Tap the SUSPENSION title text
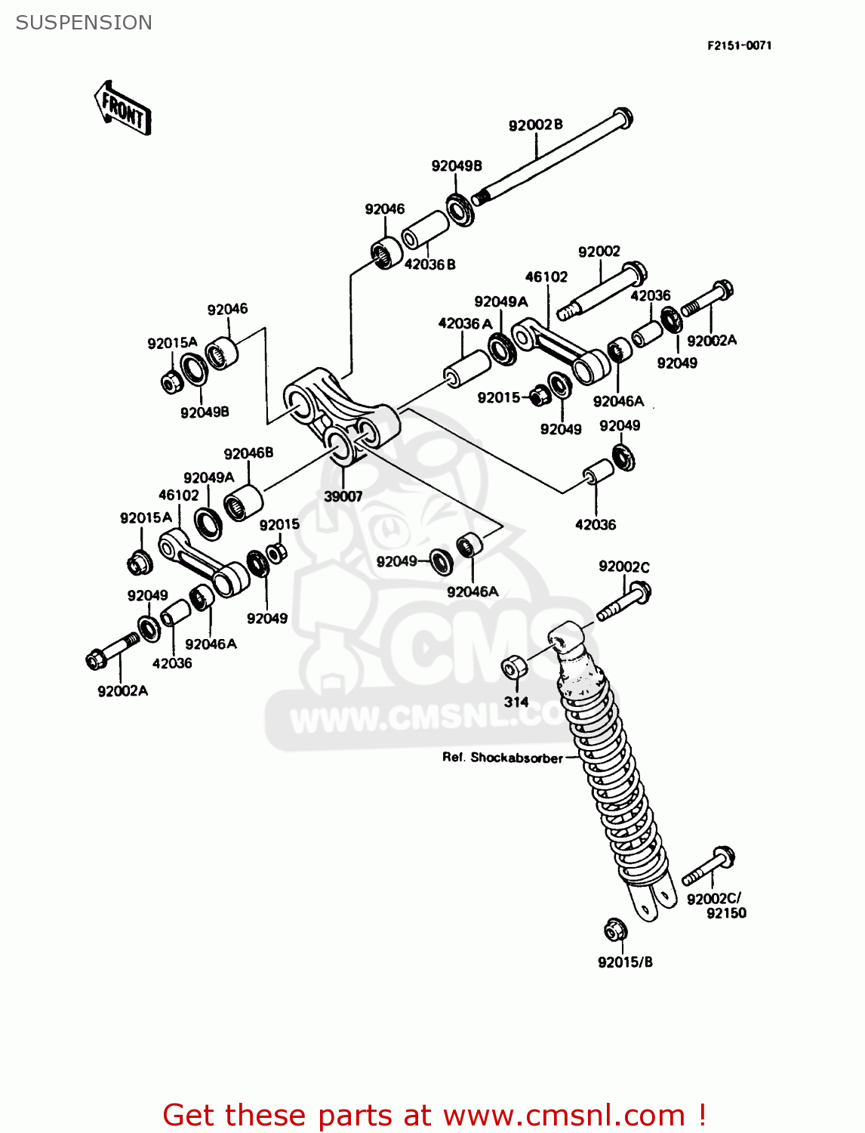coord(84,23)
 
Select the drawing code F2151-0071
coord(739,45)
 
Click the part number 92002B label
coord(535,125)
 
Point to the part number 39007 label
coord(343,496)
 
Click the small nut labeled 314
coord(514,667)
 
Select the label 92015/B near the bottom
coord(625,962)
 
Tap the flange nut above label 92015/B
coord(615,930)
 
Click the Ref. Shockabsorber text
coord(502,758)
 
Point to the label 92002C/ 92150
coord(716,906)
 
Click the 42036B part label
coord(430,264)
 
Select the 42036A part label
coord(465,323)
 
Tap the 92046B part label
coord(248,453)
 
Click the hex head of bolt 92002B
coord(622,118)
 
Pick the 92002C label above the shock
coord(623,566)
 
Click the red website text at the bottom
coord(434,1115)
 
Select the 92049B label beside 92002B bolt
coord(457,165)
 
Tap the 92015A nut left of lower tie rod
coord(138,563)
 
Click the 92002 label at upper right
coord(599,252)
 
